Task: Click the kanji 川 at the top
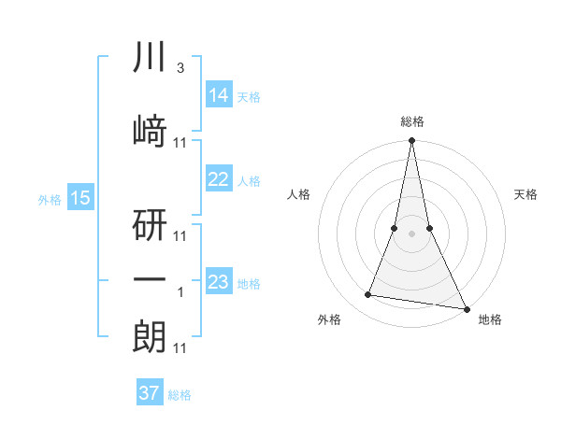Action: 150,59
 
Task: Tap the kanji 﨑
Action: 150,132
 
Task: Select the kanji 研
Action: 150,224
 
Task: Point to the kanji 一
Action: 150,279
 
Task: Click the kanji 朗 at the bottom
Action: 150,334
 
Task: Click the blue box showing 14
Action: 218,94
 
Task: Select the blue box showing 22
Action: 218,179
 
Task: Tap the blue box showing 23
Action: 218,282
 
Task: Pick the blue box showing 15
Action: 79,198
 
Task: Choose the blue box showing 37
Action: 150,393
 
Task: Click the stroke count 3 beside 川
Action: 180,68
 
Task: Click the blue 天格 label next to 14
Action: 249,96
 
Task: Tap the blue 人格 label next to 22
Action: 249,181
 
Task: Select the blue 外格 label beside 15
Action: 50,199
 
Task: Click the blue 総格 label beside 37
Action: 180,395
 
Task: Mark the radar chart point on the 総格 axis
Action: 411,141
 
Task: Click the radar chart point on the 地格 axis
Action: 466,307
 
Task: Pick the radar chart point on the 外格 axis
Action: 368,295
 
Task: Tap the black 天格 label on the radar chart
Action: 526,194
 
